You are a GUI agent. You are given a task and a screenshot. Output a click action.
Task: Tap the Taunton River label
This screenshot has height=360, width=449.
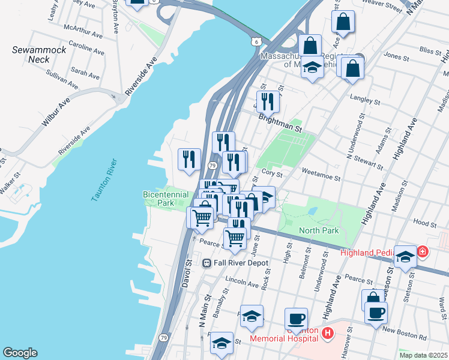pyautogui.click(x=103, y=181)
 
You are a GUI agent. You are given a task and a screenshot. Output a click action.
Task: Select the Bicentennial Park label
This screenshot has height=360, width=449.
pyautogui.click(x=166, y=199)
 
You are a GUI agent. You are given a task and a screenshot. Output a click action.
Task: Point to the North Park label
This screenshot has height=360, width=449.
pyautogui.click(x=319, y=230)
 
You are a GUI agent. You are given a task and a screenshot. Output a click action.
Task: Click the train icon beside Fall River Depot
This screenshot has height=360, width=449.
pyautogui.click(x=206, y=263)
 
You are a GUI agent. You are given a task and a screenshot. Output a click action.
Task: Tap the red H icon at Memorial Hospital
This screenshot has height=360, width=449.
pyautogui.click(x=327, y=333)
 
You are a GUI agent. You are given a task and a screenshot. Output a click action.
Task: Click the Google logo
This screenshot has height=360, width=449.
pyautogui.click(x=20, y=353)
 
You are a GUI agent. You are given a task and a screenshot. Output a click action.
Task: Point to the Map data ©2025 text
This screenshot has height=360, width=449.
pyautogui.click(x=423, y=355)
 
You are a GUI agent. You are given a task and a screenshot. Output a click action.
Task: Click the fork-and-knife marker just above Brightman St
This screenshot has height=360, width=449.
pyautogui.click(x=268, y=101)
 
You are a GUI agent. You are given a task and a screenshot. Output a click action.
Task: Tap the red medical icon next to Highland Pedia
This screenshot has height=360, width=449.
pyautogui.click(x=423, y=251)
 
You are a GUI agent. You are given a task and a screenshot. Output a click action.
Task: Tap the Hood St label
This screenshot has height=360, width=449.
pyautogui.click(x=425, y=223)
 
